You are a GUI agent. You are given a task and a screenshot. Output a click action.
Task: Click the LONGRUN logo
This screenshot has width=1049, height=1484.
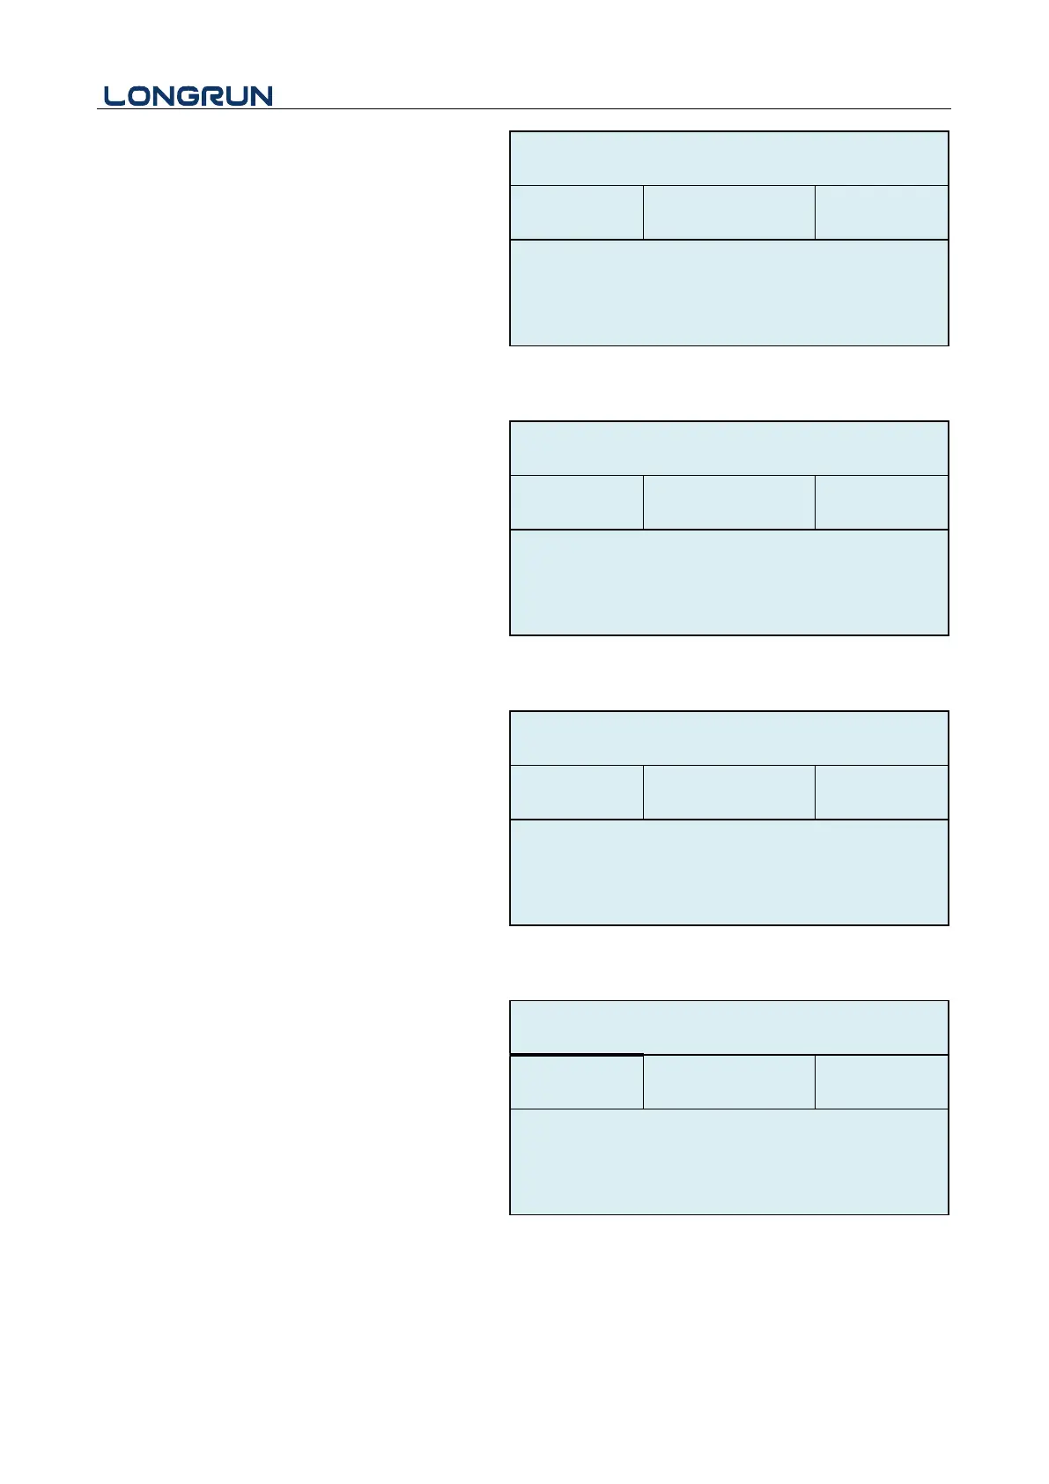pos(188,96)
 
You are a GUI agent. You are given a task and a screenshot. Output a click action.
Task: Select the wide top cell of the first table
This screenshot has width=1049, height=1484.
pos(728,159)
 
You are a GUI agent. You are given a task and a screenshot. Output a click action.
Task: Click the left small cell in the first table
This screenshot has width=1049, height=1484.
pos(576,212)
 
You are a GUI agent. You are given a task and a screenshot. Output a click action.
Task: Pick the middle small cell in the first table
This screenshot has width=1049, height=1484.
pos(728,212)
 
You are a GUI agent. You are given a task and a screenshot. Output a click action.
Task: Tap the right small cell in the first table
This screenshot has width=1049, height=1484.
pos(881,212)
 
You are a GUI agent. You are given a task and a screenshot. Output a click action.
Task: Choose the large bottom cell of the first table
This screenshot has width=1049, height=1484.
pos(728,293)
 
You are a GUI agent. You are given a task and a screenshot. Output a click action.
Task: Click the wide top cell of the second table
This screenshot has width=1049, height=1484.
pos(728,449)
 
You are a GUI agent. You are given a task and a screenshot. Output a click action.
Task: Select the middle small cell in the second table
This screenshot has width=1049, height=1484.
pos(728,502)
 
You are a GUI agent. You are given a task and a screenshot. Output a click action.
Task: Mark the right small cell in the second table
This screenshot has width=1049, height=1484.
pos(881,502)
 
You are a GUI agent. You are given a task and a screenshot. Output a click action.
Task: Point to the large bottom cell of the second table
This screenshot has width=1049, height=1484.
pos(728,582)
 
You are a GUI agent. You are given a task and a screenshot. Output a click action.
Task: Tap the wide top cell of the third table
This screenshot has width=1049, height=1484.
pos(728,738)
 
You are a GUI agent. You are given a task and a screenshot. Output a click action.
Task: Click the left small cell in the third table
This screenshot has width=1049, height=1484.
pos(576,792)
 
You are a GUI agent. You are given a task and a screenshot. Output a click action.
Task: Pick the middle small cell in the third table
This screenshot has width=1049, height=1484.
pos(728,792)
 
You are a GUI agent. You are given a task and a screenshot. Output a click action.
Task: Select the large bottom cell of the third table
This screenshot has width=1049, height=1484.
pos(728,872)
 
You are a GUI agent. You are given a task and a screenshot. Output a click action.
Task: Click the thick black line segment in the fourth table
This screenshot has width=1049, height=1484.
pos(576,1054)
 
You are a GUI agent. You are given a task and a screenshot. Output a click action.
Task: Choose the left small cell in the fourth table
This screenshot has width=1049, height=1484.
pos(576,1082)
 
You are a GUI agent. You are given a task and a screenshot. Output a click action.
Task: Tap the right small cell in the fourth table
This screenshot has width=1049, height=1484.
pos(881,1082)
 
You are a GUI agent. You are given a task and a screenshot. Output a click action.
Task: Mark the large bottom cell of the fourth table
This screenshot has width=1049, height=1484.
pos(728,1161)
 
